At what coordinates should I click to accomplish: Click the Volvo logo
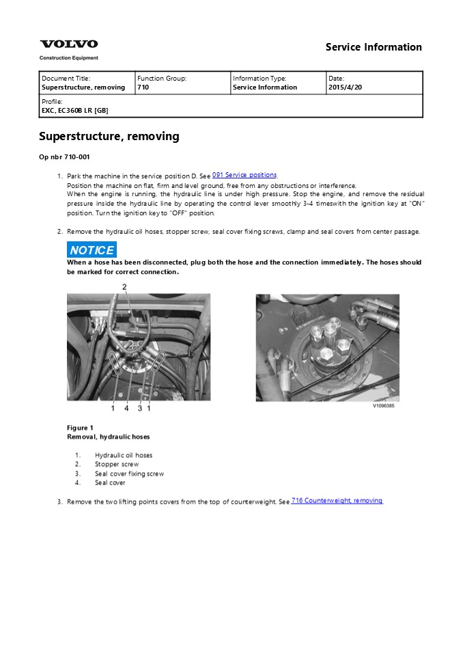68,44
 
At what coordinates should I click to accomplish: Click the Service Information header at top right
374,47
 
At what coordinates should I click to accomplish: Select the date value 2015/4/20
346,87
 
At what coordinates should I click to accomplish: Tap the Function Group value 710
143,87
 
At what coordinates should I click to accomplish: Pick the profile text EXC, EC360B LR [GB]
74,110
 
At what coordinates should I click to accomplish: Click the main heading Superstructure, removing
109,137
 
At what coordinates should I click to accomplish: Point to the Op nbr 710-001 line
64,157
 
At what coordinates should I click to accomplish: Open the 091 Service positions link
244,175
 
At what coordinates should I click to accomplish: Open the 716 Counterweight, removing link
337,500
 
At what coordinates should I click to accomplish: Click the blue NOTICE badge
92,250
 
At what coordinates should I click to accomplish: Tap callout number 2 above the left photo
124,287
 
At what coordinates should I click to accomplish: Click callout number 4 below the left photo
126,409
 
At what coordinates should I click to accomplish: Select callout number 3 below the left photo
140,409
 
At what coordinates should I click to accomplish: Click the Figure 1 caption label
80,428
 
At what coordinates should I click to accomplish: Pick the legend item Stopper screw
117,465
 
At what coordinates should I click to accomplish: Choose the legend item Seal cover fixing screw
129,474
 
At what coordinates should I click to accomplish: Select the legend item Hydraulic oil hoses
124,455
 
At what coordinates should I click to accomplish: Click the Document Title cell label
66,79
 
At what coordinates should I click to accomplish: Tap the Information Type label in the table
259,79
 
